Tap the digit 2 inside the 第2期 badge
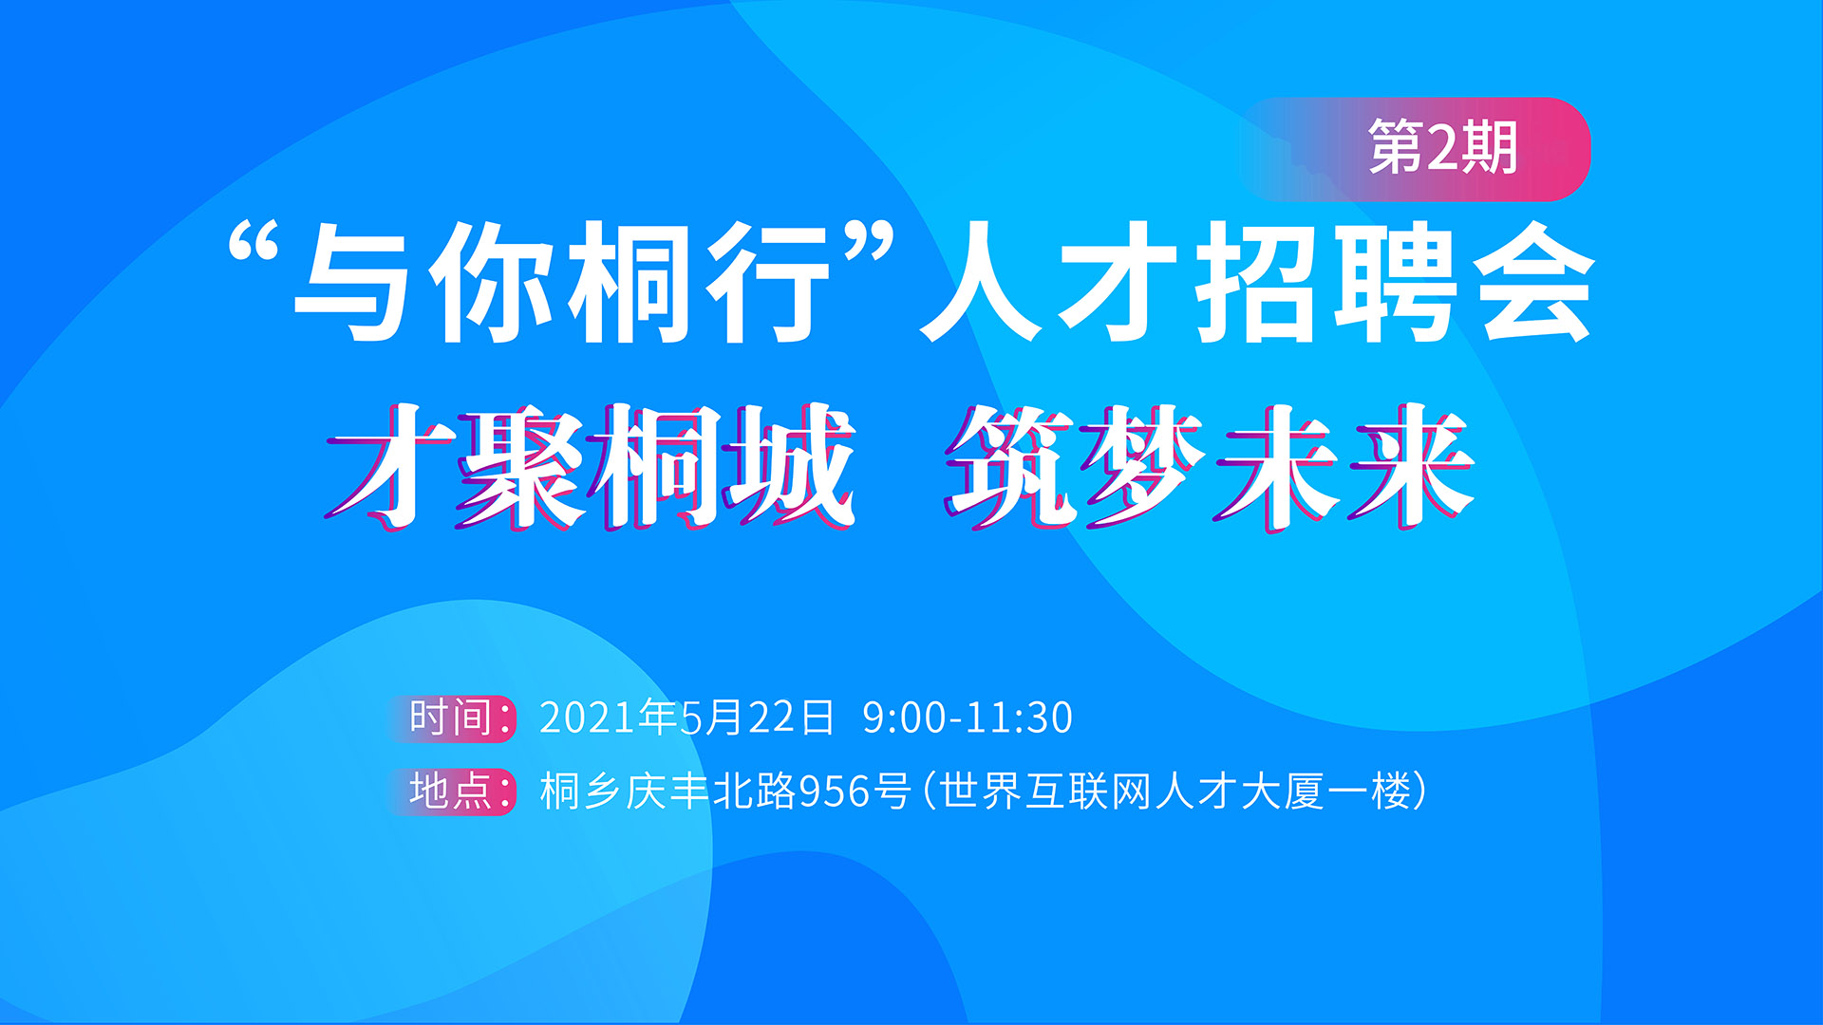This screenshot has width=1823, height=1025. pyautogui.click(x=1443, y=148)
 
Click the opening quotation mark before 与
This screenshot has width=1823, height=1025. pyautogui.click(x=254, y=243)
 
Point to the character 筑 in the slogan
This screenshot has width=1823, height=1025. pyautogui.click(x=1012, y=465)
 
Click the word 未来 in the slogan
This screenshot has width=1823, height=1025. pyautogui.click(x=1344, y=465)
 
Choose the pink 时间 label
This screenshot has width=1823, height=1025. pyautogui.click(x=452, y=717)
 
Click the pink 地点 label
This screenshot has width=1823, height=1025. pyautogui.click(x=452, y=791)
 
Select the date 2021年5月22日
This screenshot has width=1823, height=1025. pyautogui.click(x=686, y=717)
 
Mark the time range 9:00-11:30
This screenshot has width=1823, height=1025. pyautogui.click(x=968, y=718)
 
